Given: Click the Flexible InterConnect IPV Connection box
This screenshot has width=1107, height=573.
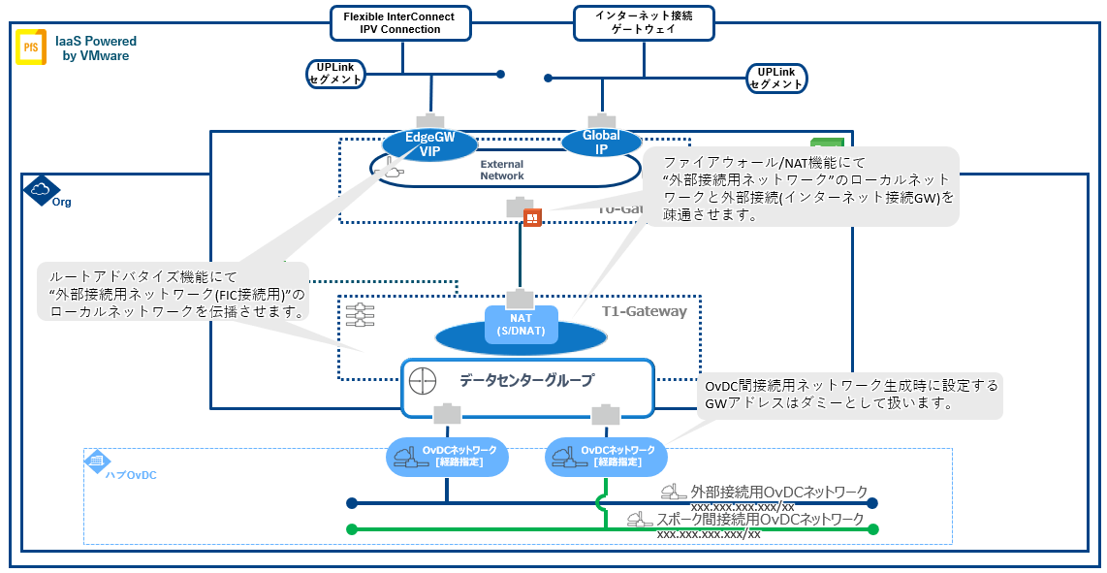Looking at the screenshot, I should click(399, 22).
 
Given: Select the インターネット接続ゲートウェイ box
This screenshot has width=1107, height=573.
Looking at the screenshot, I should click(644, 22).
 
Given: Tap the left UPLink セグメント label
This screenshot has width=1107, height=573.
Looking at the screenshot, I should click(335, 75).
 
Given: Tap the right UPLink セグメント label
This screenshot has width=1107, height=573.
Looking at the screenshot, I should click(776, 78).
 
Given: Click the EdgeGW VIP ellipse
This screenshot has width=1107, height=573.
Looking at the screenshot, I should click(429, 144).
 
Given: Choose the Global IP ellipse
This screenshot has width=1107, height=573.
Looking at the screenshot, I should click(602, 143).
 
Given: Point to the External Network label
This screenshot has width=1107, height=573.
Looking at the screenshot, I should click(502, 171).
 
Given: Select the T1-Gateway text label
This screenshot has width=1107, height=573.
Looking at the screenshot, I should click(644, 311).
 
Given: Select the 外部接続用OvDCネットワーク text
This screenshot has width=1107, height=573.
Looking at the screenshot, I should click(777, 493).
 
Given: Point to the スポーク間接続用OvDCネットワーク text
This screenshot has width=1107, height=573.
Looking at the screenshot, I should click(759, 520).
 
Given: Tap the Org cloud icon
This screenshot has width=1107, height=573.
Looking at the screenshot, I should click(40, 190).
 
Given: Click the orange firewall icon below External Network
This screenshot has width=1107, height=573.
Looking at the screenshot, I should click(531, 218).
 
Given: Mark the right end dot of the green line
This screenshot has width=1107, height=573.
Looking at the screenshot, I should click(872, 529).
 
